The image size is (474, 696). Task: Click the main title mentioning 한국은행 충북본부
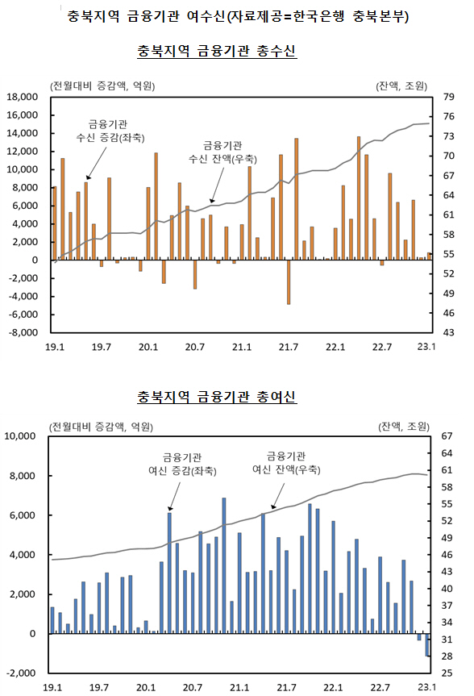click(x=238, y=16)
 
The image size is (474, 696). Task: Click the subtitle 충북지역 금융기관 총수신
click(x=217, y=51)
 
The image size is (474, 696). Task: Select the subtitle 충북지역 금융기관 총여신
click(x=217, y=396)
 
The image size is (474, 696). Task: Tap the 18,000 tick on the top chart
click(x=23, y=97)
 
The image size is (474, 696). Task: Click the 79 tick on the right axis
click(x=449, y=97)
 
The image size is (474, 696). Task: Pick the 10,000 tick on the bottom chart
click(x=20, y=436)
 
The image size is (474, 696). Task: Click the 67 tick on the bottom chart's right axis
click(x=447, y=436)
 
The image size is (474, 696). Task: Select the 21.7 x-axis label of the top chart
click(x=289, y=347)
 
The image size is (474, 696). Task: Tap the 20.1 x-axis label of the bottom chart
click(x=146, y=688)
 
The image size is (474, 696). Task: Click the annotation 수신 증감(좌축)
click(x=110, y=138)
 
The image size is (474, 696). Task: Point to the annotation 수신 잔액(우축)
click(x=222, y=159)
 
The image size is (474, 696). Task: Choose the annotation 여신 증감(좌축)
click(x=182, y=470)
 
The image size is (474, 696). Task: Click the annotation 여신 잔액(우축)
click(x=286, y=469)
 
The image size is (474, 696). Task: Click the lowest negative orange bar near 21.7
click(x=289, y=281)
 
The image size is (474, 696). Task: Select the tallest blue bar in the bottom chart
click(x=223, y=566)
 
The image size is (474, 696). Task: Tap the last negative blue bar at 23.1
click(x=427, y=645)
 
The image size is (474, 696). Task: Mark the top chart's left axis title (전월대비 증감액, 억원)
click(x=102, y=85)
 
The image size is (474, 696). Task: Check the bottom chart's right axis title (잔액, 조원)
click(x=404, y=427)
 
